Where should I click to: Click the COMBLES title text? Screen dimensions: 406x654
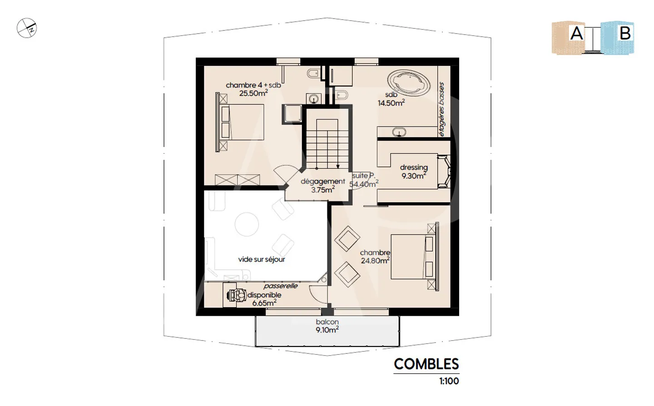tap(426, 364)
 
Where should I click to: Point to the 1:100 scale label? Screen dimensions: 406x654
tap(449, 381)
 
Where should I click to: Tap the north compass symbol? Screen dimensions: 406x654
tap(27, 28)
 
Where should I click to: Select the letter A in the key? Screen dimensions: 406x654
tap(576, 33)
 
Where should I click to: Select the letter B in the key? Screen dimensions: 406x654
tap(625, 33)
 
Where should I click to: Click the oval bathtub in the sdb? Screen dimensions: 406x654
tap(409, 82)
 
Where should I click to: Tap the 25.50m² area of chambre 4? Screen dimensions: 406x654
tap(253, 93)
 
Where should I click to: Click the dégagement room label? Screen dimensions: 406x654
tap(322, 181)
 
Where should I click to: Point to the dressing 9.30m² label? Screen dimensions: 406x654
tap(414, 172)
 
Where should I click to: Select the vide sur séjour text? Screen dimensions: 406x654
tap(262, 259)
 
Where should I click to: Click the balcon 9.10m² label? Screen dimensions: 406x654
tap(327, 326)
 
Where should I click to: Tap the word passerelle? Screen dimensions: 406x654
tap(280, 286)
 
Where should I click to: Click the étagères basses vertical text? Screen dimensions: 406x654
tap(441, 109)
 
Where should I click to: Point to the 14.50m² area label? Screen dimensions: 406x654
tap(391, 103)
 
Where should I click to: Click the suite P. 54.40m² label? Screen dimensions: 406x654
tap(363, 180)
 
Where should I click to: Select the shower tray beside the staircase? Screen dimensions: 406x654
tap(292, 113)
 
